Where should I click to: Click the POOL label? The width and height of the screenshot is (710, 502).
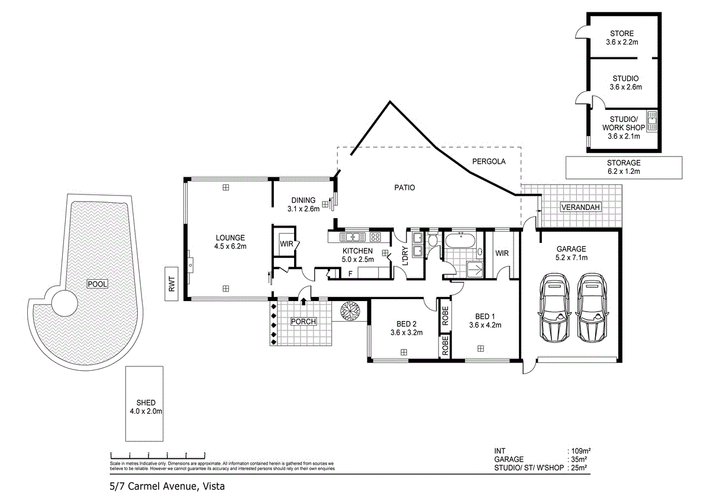(x=98, y=284)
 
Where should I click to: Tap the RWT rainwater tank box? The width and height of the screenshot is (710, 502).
(x=172, y=284)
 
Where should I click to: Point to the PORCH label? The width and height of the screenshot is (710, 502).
(x=304, y=322)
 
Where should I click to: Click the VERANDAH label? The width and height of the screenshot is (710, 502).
(x=580, y=207)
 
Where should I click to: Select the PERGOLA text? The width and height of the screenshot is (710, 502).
(x=488, y=161)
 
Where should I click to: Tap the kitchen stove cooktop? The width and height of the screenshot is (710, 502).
(x=375, y=237)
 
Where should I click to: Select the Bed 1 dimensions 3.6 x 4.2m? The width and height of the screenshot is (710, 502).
(x=485, y=325)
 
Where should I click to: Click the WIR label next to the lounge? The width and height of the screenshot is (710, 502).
(x=286, y=244)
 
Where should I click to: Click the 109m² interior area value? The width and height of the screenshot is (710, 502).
(x=578, y=451)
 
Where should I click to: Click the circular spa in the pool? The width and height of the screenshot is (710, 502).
(x=64, y=303)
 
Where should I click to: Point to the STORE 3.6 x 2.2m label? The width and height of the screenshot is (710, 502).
(x=619, y=38)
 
